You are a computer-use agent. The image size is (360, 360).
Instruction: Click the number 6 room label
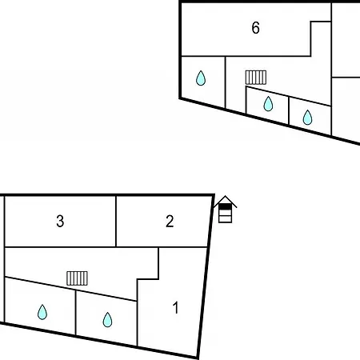[255, 28]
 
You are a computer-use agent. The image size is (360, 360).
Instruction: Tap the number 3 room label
[60, 221]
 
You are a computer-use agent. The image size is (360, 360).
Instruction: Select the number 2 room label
[170, 221]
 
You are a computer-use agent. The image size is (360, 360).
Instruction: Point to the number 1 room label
[175, 308]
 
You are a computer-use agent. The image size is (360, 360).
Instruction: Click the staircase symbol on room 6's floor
[256, 78]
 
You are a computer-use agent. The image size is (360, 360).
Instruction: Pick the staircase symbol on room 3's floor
[77, 278]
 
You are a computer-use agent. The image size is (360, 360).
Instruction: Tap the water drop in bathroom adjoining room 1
[107, 319]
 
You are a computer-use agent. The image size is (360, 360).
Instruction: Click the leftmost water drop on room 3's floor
[42, 312]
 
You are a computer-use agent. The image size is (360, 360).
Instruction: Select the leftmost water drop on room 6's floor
[201, 78]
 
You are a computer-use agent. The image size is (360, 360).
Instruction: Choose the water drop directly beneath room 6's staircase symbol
[268, 104]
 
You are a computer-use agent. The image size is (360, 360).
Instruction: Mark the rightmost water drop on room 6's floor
[308, 118]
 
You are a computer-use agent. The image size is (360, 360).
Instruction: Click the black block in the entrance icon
[225, 206]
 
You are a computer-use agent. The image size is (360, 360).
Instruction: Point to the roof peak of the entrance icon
[225, 196]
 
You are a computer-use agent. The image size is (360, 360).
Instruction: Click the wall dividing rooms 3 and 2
[116, 222]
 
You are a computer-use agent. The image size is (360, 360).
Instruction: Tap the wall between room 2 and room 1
[183, 247]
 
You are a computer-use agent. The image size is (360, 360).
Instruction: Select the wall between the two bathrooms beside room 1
[76, 313]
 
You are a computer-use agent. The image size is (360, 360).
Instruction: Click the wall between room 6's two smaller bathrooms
[289, 110]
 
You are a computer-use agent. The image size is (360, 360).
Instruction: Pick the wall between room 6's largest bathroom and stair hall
[226, 82]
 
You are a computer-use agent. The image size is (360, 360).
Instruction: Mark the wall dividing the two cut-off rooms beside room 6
[346, 78]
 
